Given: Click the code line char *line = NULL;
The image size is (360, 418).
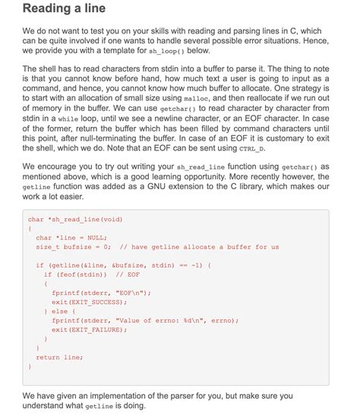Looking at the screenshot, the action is [70, 237].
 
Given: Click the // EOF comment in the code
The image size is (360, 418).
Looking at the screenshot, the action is [127, 274].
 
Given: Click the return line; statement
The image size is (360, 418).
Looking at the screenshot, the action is [59, 356].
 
